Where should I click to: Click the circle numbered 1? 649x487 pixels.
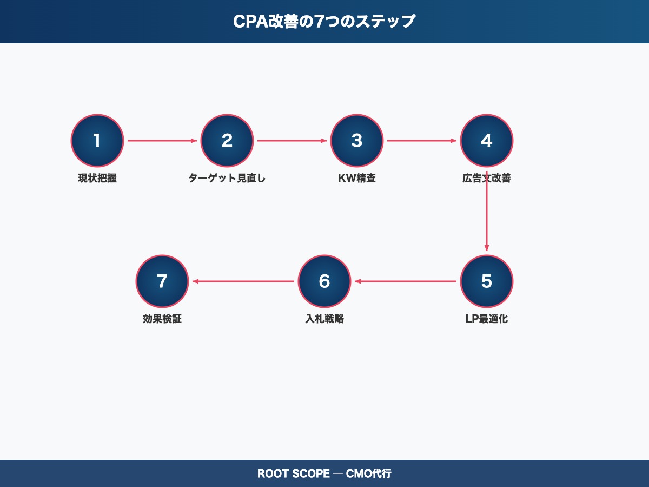click(x=97, y=141)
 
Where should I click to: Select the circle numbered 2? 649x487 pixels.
click(x=227, y=141)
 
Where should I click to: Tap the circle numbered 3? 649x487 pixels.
click(x=357, y=141)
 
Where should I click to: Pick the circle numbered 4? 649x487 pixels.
click(x=487, y=141)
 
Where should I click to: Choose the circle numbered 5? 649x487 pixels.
click(x=487, y=281)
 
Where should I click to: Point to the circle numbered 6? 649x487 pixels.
click(x=325, y=281)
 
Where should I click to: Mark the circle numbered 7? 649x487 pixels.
click(x=162, y=281)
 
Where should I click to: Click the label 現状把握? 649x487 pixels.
click(x=97, y=178)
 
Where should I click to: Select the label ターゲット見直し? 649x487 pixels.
click(x=227, y=178)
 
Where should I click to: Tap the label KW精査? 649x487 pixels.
click(x=357, y=178)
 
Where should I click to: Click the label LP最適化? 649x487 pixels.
click(x=487, y=319)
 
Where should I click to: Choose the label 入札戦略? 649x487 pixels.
click(x=325, y=319)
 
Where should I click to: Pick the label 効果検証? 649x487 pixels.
click(x=162, y=319)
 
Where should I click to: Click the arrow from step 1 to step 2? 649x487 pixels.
click(x=162, y=141)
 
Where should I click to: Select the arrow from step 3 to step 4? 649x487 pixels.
click(x=422, y=141)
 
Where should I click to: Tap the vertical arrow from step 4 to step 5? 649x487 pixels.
click(x=487, y=216)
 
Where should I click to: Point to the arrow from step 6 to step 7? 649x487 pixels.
click(x=243, y=281)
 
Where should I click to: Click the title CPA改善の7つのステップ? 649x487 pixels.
click(x=325, y=22)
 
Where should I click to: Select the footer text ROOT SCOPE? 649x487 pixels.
click(x=293, y=473)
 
